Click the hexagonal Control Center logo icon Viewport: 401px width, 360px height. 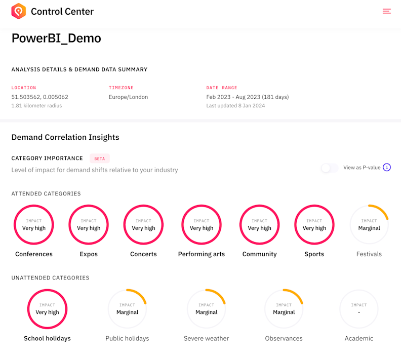tap(19, 11)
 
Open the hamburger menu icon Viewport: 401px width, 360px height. tap(386, 11)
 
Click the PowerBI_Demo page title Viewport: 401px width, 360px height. tap(56, 38)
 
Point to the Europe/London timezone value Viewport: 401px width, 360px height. tap(128, 97)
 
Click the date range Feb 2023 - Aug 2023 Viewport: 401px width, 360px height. tap(247, 97)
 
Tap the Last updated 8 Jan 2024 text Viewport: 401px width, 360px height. tap(235, 106)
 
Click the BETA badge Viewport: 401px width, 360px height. tap(100, 158)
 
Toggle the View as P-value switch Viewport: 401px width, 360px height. tap(330, 168)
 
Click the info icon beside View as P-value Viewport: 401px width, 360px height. tap(387, 168)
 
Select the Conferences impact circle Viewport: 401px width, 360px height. tap(34, 225)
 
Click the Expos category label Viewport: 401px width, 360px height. tap(89, 254)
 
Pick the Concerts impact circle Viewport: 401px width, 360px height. tap(143, 225)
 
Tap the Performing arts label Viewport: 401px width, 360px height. tap(202, 254)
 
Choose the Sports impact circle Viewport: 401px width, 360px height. tap(314, 225)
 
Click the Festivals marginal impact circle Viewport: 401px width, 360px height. tap(369, 225)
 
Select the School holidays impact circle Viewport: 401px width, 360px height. tap(48, 309)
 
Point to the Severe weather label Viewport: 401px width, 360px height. tap(206, 338)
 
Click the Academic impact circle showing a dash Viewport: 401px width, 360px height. tap(359, 309)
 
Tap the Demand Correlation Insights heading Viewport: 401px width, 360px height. tap(65, 137)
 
